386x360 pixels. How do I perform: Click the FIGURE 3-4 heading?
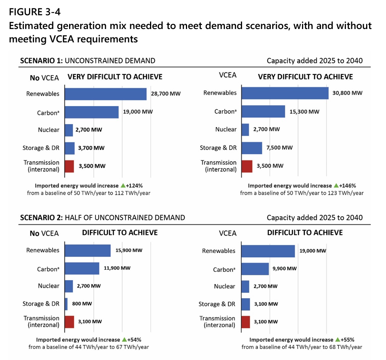pos(35,12)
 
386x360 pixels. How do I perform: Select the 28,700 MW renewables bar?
pos(106,94)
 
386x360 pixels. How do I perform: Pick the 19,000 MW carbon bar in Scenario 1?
pos(92,112)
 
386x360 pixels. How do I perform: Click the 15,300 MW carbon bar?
pos(263,111)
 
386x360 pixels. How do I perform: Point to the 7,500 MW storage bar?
pos(252,148)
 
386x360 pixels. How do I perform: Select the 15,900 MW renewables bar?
pos(87,250)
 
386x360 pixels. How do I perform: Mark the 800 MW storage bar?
pos(66,304)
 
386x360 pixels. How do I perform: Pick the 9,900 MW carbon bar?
pos(255,269)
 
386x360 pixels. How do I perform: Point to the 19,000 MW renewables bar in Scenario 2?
pos(268,251)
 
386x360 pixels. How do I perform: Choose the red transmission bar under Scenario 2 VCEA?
pos(246,322)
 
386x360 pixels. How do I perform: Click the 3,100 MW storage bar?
pos(246,304)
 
